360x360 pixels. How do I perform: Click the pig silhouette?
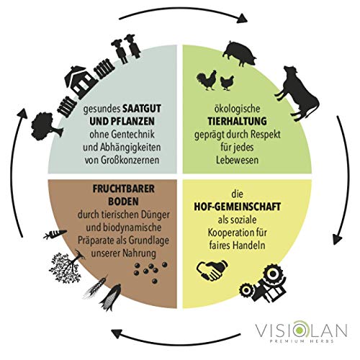(x=239, y=54)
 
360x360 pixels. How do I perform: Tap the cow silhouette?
(x=297, y=92)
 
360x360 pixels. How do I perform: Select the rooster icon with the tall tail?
(x=207, y=80)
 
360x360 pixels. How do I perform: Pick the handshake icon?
(x=212, y=271)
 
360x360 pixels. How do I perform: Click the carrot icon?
(x=55, y=234)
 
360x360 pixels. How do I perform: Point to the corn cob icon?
(x=110, y=297)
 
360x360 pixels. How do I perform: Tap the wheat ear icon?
(x=94, y=287)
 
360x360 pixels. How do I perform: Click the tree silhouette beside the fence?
(x=46, y=126)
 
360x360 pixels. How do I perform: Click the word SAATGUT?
(x=142, y=109)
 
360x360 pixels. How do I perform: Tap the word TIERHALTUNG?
(x=237, y=122)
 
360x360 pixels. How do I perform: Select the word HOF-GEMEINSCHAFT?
(x=238, y=207)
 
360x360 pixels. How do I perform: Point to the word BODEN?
(x=123, y=202)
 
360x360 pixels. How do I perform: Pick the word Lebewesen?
(x=237, y=160)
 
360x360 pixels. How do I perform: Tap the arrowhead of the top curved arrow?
(x=243, y=18)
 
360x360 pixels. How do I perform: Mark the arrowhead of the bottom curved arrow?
(x=116, y=333)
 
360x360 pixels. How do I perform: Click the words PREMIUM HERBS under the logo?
(x=301, y=341)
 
